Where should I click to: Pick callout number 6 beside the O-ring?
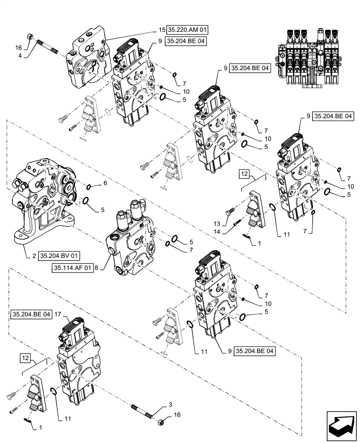point(105,183)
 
